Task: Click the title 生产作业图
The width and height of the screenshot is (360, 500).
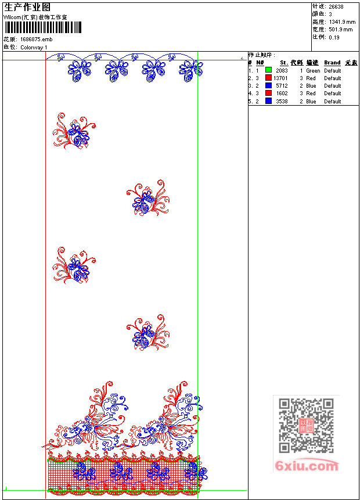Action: click(x=27, y=8)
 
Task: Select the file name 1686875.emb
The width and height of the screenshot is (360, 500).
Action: click(x=36, y=39)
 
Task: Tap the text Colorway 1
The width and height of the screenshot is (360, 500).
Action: click(x=34, y=47)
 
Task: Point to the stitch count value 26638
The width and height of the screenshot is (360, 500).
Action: click(x=336, y=7)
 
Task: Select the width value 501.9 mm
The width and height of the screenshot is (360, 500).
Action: click(x=340, y=29)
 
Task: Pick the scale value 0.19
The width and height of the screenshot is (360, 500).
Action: click(x=334, y=37)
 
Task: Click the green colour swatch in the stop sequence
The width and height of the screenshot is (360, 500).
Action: click(x=268, y=70)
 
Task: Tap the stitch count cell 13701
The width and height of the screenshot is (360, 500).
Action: click(x=280, y=78)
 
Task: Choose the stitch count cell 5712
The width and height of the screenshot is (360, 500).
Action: click(x=282, y=85)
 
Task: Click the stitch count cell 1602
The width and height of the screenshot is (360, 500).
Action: click(x=282, y=93)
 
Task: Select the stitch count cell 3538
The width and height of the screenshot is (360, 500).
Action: click(x=282, y=101)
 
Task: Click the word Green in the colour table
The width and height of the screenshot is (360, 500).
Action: click(x=313, y=70)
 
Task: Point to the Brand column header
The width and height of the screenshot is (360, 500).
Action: click(x=332, y=63)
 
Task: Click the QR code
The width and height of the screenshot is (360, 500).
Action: click(x=306, y=426)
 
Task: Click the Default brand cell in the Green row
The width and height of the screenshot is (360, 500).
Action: click(x=333, y=70)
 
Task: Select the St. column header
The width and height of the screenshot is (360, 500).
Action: click(x=284, y=63)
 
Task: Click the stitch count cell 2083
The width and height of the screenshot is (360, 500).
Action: click(x=282, y=70)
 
